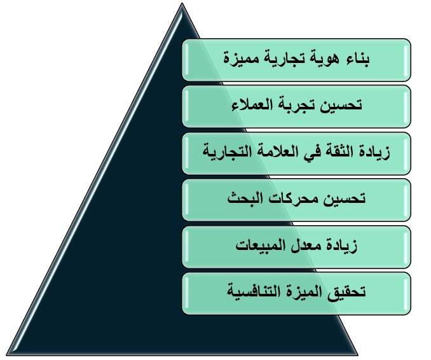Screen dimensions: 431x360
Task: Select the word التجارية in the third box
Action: point(224,152)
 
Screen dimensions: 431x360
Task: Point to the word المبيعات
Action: point(260,245)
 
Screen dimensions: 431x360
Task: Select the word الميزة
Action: point(303,291)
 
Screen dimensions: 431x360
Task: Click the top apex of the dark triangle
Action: point(182,3)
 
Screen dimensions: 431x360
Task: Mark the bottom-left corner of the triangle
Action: point(6,355)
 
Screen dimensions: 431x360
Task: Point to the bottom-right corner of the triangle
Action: point(358,355)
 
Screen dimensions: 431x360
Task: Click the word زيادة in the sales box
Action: point(341,246)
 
